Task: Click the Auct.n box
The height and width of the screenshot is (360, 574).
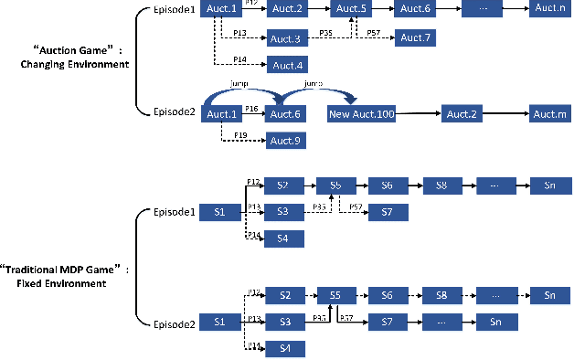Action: tap(549, 9)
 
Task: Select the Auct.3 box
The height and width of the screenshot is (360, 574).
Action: tap(286, 38)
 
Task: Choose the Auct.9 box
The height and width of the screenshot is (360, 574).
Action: tap(286, 142)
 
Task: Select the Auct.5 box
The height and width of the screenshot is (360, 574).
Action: tap(350, 9)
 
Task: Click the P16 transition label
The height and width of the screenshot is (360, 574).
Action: tap(252, 109)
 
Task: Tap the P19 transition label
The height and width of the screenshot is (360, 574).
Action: tap(240, 135)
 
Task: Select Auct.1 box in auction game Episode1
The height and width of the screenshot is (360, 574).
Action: tap(222, 9)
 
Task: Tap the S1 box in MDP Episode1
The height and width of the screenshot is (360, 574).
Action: tap(219, 212)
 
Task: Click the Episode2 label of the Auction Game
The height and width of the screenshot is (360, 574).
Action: tap(175, 113)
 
